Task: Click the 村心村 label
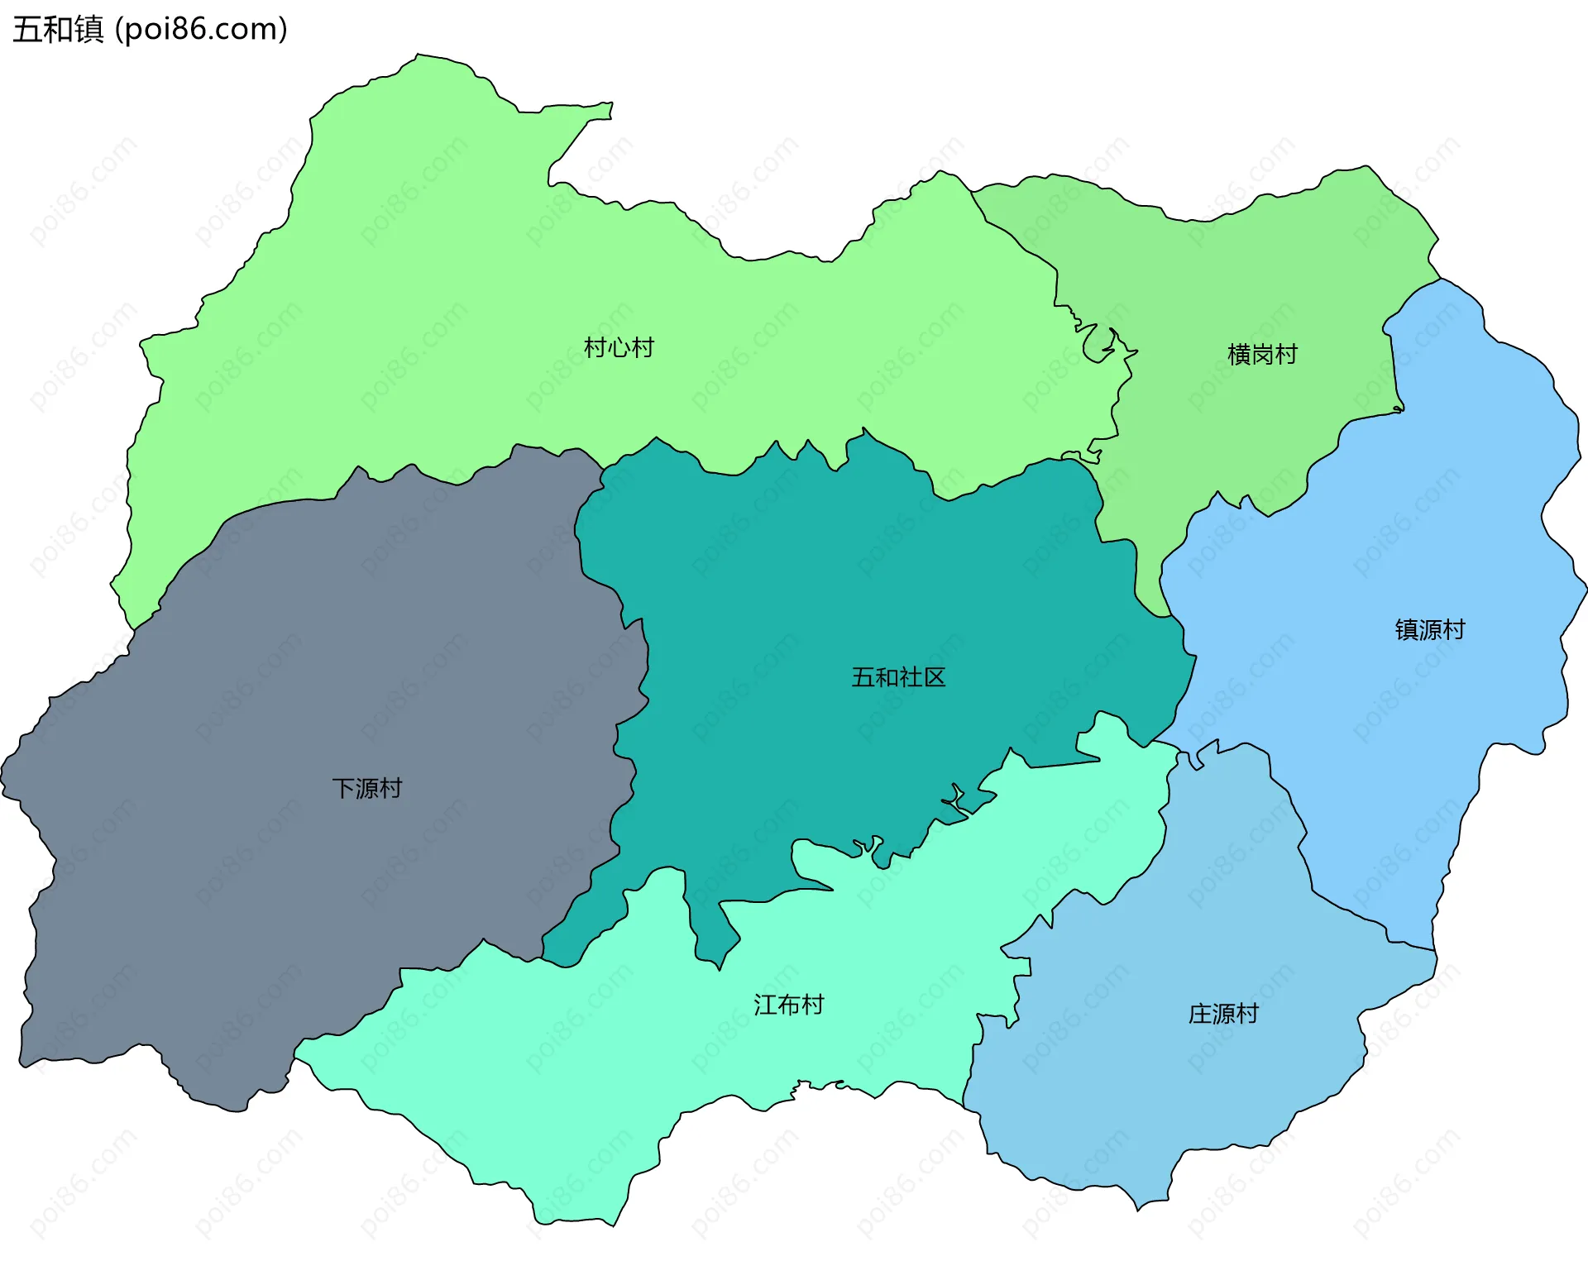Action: pos(619,347)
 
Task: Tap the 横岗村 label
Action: pos(1262,355)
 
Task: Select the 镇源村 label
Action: pos(1430,630)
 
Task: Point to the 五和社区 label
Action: pos(898,677)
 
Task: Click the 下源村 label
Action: pos(366,788)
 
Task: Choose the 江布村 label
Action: pos(788,1005)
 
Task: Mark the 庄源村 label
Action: pos(1223,1014)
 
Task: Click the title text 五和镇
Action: pos(58,29)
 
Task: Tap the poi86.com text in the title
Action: pos(202,29)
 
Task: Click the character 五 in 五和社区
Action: pos(863,677)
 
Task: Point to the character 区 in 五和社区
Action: pos(935,677)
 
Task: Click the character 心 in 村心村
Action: pos(619,347)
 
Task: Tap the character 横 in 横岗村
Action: pos(1239,355)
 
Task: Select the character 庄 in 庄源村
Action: pos(1200,1014)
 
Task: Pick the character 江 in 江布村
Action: pos(765,1005)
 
